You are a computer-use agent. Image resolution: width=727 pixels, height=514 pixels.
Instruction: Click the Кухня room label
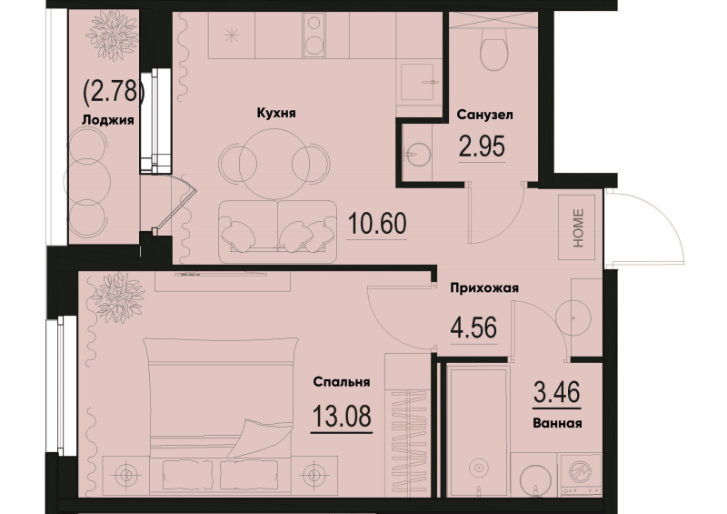pyautogui.click(x=276, y=113)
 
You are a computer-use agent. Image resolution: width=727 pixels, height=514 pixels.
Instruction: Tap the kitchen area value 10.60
pyautogui.click(x=377, y=223)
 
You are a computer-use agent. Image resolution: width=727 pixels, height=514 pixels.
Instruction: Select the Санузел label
pyautogui.click(x=484, y=115)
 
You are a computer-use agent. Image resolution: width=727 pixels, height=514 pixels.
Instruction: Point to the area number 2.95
pyautogui.click(x=482, y=146)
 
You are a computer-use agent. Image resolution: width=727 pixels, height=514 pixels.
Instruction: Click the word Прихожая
pyautogui.click(x=484, y=288)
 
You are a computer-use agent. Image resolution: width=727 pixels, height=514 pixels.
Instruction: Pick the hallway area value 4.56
pyautogui.click(x=473, y=328)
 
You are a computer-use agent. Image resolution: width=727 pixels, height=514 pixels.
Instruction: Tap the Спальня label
pyautogui.click(x=342, y=382)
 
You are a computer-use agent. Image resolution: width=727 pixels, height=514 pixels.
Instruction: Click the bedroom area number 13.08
pyautogui.click(x=342, y=416)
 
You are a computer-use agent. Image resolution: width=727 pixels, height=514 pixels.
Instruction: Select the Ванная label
pyautogui.click(x=557, y=423)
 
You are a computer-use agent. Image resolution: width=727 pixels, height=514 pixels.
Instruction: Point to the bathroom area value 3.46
pyautogui.click(x=557, y=392)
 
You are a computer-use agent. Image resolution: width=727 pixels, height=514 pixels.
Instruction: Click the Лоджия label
pyautogui.click(x=107, y=120)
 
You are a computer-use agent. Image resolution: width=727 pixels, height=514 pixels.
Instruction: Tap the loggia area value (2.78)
pyautogui.click(x=111, y=92)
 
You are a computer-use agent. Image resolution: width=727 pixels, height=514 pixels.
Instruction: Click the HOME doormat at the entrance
pyautogui.click(x=577, y=227)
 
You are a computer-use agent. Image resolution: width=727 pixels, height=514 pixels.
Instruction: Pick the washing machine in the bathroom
pyautogui.click(x=582, y=475)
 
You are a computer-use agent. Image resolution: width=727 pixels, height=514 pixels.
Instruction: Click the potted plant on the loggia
pyautogui.click(x=113, y=35)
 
